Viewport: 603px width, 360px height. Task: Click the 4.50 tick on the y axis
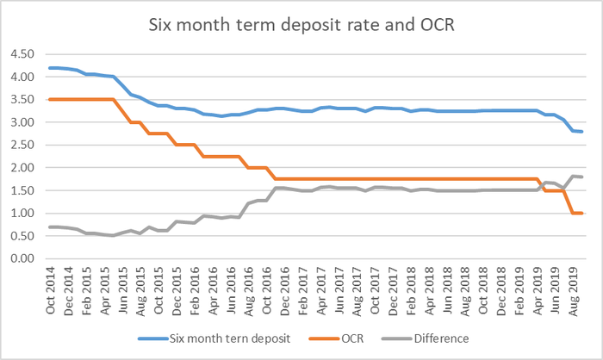click(x=22, y=53)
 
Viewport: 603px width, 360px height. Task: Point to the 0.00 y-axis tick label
click(x=22, y=258)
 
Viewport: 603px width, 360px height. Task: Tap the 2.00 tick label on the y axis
click(x=22, y=167)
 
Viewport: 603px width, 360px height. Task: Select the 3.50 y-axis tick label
click(x=22, y=99)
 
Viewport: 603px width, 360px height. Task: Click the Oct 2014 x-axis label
click(x=53, y=287)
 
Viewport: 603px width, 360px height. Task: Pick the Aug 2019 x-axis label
click(x=572, y=287)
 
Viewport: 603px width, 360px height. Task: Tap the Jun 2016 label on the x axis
click(x=232, y=287)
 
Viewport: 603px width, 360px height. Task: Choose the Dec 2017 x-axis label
click(x=393, y=287)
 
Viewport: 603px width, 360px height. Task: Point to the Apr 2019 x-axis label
click(x=536, y=287)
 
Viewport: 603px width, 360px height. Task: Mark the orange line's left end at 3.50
click(x=49, y=99)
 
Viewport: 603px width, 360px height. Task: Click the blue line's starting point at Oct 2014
click(x=49, y=67)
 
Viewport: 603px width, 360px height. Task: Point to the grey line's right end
click(x=582, y=177)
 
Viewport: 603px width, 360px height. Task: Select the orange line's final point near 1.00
click(x=582, y=213)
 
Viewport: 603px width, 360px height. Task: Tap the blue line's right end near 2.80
click(x=582, y=131)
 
